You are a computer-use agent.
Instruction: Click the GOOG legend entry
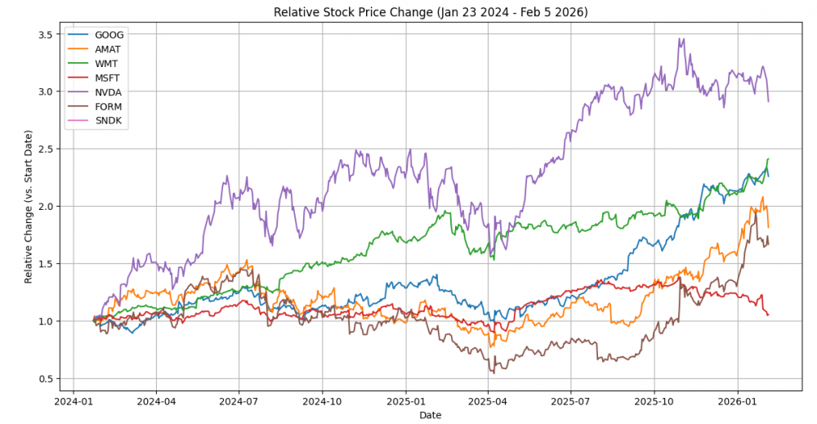click(x=108, y=35)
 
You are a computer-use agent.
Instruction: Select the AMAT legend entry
click(x=108, y=49)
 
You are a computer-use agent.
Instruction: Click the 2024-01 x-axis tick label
click(x=74, y=401)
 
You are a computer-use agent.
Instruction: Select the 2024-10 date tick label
click(x=323, y=401)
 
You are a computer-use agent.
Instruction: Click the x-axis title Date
click(x=431, y=415)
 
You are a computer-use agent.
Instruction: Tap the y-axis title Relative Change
click(x=29, y=206)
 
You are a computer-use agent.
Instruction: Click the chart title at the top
click(x=431, y=11)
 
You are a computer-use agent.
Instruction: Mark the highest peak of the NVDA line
click(x=680, y=38)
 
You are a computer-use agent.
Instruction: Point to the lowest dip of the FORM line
click(x=493, y=373)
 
